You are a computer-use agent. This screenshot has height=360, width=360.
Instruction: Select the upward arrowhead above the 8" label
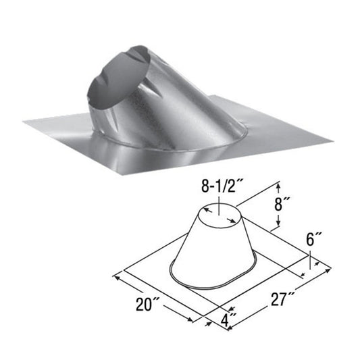[x=277, y=184]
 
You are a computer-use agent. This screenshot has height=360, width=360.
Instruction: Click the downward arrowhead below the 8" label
[x=277, y=227]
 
